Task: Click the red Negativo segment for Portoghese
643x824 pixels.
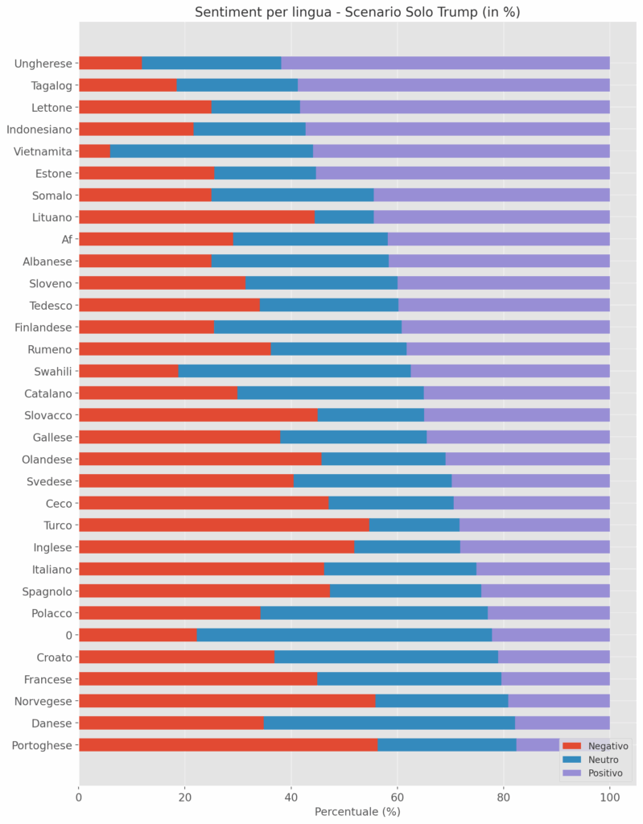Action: click(x=228, y=745)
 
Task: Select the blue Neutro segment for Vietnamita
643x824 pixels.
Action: click(x=211, y=151)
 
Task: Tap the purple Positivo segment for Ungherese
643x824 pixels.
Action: click(x=445, y=64)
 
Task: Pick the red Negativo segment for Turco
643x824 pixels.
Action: click(x=224, y=525)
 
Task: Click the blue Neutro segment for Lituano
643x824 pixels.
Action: click(x=344, y=217)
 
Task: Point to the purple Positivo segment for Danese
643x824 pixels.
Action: click(x=562, y=723)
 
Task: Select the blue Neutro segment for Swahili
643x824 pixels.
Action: click(x=295, y=371)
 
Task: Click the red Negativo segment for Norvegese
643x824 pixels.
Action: click(x=227, y=701)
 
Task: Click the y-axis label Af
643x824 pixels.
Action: click(x=67, y=239)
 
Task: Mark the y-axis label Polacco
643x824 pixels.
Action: click(x=52, y=613)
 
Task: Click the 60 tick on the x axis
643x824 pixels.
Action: click(x=398, y=797)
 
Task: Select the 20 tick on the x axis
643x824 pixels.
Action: click(x=185, y=797)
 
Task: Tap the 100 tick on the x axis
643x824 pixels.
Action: click(x=609, y=797)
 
